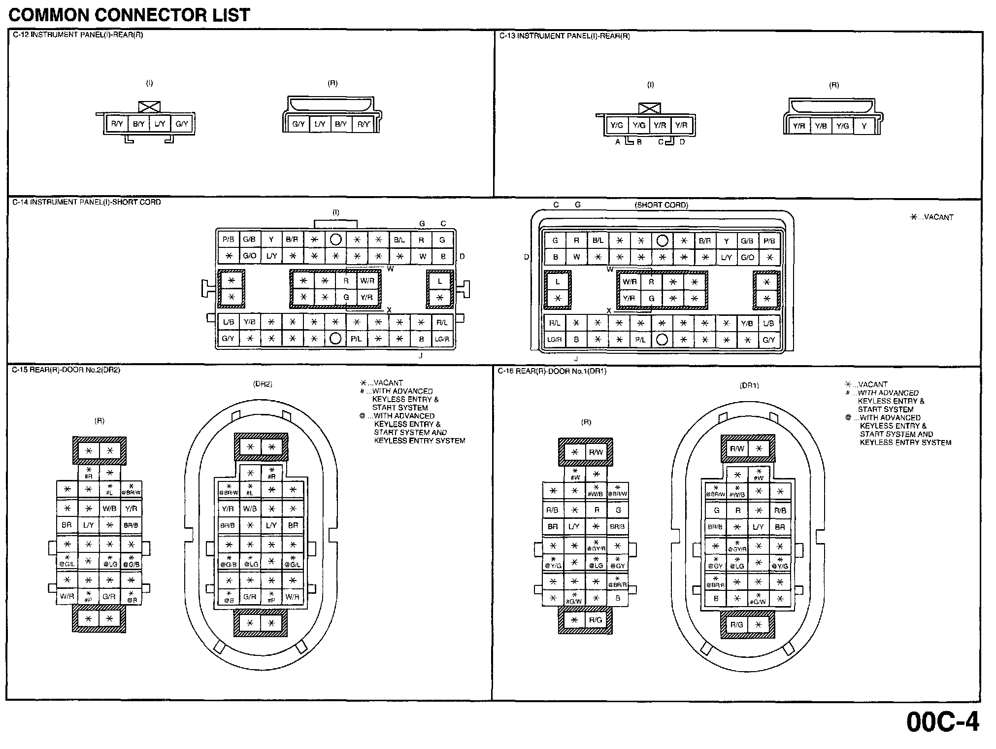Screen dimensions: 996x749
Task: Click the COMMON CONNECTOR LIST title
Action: [x=129, y=15]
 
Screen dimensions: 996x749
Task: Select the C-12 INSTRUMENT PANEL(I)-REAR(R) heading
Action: [x=77, y=35]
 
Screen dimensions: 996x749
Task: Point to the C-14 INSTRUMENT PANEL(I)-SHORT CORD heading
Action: [x=87, y=202]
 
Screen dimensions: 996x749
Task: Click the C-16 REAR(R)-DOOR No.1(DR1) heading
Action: [x=552, y=371]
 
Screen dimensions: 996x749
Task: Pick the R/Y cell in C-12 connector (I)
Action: [x=117, y=124]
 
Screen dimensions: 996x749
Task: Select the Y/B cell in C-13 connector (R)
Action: [x=821, y=126]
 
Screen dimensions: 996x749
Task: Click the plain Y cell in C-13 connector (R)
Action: [x=864, y=126]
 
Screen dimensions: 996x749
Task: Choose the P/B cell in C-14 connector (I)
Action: [x=228, y=239]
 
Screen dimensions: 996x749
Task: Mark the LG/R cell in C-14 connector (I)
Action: [x=442, y=339]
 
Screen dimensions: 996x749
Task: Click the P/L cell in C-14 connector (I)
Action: [x=356, y=339]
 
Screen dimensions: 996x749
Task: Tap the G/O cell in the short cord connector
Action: [x=747, y=257]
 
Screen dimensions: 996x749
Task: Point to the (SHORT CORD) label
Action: [x=661, y=205]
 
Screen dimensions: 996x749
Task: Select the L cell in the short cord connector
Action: [x=558, y=282]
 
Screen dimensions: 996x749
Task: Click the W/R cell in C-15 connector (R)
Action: [x=67, y=596]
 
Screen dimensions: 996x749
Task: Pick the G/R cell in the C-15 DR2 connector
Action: [x=250, y=597]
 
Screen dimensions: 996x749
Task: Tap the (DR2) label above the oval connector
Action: [x=263, y=384]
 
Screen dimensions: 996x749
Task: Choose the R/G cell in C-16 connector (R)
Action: [x=596, y=620]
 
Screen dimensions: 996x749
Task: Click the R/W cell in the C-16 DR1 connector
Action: [x=737, y=448]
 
